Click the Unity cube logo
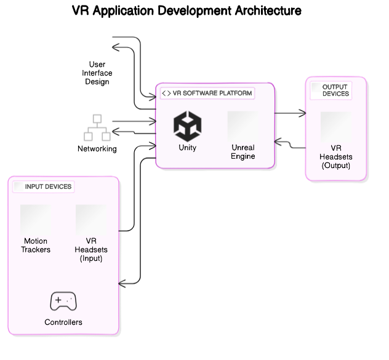(x=187, y=126)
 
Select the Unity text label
(x=187, y=148)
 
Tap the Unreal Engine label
(x=243, y=152)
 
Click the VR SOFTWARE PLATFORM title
(x=212, y=94)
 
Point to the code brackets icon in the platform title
(x=166, y=94)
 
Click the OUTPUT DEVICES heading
(x=335, y=90)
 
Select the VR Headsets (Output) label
(x=335, y=157)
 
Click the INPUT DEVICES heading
(x=48, y=186)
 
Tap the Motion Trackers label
(x=36, y=246)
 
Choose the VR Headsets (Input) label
(x=91, y=250)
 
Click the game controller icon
(x=63, y=302)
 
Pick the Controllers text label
(x=63, y=322)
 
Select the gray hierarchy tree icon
(x=97, y=127)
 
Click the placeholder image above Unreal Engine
(x=243, y=126)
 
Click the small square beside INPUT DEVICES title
(x=18, y=186)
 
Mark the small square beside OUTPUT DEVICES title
(x=316, y=87)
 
